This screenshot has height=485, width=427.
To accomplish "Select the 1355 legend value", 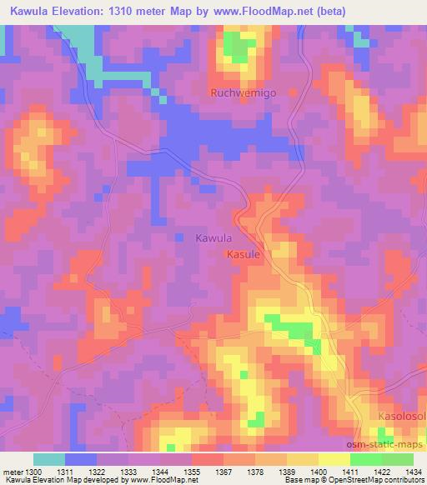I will tap(191, 471).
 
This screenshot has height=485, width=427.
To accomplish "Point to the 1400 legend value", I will tap(319, 471).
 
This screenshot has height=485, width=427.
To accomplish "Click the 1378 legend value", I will tap(254, 471).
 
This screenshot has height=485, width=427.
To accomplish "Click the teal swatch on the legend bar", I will tap(49, 459).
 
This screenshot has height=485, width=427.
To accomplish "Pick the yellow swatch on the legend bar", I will tap(334, 459).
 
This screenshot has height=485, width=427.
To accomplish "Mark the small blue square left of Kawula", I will tap(180, 238).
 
